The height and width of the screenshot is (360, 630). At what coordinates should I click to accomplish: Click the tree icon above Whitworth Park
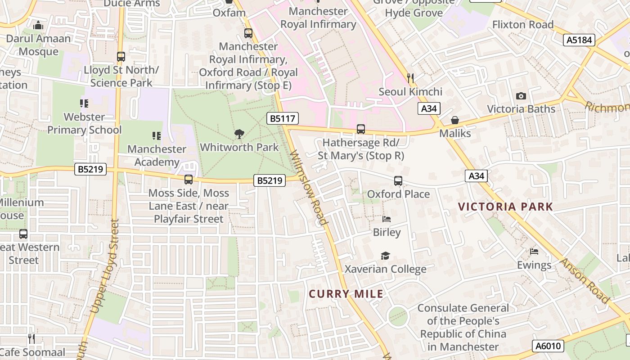point(239,134)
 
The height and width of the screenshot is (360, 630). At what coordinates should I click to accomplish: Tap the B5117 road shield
point(283,119)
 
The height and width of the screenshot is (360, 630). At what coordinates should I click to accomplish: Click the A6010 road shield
point(548,346)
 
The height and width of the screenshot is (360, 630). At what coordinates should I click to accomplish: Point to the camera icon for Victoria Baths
point(521,96)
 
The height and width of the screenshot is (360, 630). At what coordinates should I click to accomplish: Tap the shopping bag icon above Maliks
point(455,120)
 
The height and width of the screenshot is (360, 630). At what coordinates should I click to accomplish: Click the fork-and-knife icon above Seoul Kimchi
point(410,78)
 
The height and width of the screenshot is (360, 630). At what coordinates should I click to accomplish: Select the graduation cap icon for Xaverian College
point(385,256)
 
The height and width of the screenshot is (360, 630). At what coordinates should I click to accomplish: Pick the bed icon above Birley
point(387,219)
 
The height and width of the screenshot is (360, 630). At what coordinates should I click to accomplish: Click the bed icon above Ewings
point(534,252)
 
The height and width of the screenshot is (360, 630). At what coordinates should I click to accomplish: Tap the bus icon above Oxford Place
point(398,181)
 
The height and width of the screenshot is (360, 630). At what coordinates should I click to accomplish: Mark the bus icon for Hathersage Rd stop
point(361,129)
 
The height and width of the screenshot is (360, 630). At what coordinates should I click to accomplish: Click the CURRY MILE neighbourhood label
point(346,294)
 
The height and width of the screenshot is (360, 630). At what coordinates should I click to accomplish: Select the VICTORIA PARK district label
point(505,207)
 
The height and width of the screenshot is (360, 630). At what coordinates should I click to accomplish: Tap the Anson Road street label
point(585,280)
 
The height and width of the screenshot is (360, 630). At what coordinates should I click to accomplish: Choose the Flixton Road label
point(523,25)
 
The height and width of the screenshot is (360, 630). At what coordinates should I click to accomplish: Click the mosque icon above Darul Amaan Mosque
point(38,25)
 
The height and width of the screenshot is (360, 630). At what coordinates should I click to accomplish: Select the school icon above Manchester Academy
point(157,135)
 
